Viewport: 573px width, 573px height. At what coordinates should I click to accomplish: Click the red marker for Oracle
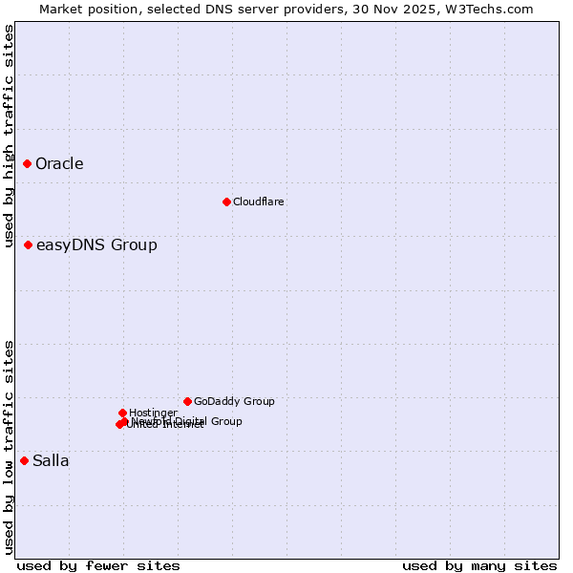pyautogui.click(x=28, y=164)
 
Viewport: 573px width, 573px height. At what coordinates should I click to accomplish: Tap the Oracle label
pyautogui.click(x=59, y=164)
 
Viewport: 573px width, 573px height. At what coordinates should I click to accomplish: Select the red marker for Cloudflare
pyautogui.click(x=226, y=202)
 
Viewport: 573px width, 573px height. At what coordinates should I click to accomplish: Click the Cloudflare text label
pyautogui.click(x=259, y=202)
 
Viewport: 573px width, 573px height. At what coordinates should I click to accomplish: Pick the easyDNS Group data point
pyautogui.click(x=29, y=245)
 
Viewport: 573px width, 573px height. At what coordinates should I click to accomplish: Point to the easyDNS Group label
pyautogui.click(x=96, y=245)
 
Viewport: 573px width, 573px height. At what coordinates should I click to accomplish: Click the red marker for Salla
pyautogui.click(x=25, y=461)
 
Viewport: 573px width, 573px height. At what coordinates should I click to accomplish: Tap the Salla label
pyautogui.click(x=51, y=461)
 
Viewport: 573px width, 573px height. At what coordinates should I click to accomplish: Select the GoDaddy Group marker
pyautogui.click(x=187, y=402)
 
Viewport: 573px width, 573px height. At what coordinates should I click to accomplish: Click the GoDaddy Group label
pyautogui.click(x=234, y=402)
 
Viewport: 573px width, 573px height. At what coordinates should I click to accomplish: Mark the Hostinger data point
pyautogui.click(x=122, y=413)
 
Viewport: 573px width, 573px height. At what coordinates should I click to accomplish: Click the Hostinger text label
pyautogui.click(x=153, y=413)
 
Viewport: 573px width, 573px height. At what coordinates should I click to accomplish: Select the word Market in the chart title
pyautogui.click(x=62, y=9)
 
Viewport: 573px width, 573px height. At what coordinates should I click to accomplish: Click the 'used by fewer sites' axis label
pyautogui.click(x=98, y=566)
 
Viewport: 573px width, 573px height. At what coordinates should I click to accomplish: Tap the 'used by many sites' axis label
pyautogui.click(x=479, y=566)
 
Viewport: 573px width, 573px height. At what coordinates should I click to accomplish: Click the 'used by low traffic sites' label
pyautogui.click(x=9, y=447)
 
